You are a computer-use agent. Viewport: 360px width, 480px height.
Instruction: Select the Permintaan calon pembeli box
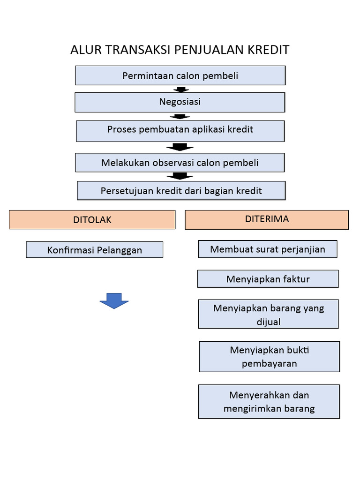[x=180, y=75]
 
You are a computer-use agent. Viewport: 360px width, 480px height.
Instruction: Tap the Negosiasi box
[x=180, y=102]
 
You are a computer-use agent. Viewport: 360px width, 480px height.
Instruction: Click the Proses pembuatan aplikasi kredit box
[x=180, y=131]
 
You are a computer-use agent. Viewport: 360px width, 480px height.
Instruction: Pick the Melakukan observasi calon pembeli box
[x=180, y=163]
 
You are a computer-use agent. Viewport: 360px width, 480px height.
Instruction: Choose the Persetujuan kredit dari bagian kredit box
[x=181, y=191]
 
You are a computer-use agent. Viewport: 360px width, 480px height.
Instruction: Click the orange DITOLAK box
[x=92, y=219]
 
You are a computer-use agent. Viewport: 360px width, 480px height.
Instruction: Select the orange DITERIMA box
[x=267, y=219]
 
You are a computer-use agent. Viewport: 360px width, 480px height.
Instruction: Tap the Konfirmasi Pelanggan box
[x=94, y=250]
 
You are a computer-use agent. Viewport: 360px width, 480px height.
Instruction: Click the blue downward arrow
[x=114, y=300]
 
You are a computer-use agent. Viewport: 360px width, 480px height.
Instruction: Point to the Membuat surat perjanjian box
[x=267, y=249]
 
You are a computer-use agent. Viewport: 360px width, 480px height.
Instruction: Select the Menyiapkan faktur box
[x=268, y=279]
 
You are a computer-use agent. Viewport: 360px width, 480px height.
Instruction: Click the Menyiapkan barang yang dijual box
[x=268, y=314]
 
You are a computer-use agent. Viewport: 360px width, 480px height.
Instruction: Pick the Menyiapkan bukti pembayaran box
[x=269, y=356]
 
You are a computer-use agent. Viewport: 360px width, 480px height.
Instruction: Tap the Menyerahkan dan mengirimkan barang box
[x=269, y=401]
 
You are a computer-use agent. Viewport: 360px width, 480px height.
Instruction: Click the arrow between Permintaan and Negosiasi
[x=180, y=89]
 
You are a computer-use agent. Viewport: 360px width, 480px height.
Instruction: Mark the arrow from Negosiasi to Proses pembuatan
[x=180, y=117]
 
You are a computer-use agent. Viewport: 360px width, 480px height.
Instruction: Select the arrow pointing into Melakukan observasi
[x=180, y=147]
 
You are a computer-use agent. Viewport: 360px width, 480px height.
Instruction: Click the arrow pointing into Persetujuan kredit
[x=180, y=176]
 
